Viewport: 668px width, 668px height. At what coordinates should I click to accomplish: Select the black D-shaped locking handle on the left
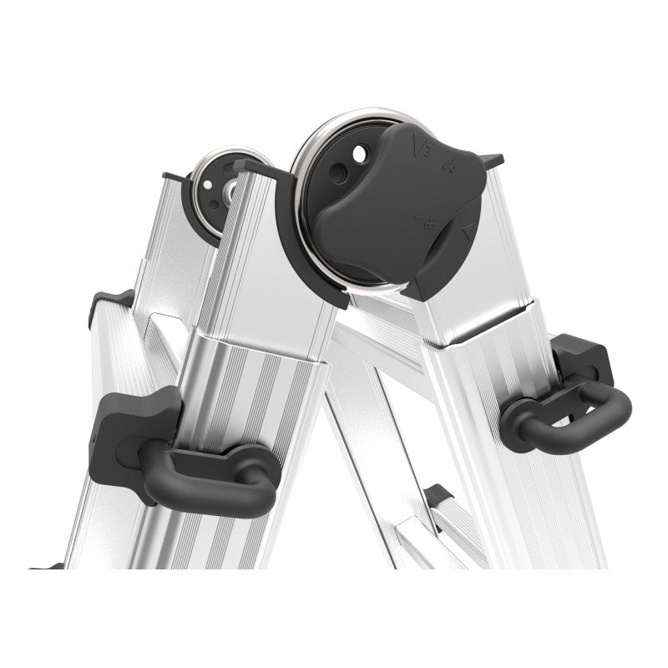[209, 476]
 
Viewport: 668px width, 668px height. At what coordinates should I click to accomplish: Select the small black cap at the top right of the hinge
[491, 159]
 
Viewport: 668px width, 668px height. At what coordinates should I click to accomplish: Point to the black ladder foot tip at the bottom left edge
[46, 567]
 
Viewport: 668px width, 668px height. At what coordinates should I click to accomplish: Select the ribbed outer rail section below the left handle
[192, 543]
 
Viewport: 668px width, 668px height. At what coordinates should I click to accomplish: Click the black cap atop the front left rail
[250, 167]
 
